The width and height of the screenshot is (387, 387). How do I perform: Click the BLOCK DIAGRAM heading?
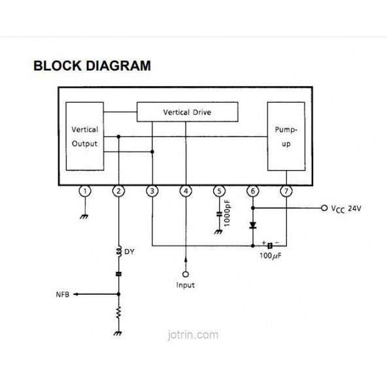click(92, 66)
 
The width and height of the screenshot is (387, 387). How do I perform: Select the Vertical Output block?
click(84, 137)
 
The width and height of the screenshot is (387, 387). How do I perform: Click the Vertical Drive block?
click(186, 112)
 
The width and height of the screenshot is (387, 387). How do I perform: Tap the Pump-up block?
click(286, 136)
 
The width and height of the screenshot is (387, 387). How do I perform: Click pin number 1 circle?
click(84, 191)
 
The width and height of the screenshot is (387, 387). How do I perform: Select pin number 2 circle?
click(118, 191)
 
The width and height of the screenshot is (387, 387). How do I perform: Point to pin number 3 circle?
click(152, 191)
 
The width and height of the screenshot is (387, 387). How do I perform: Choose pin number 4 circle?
click(186, 191)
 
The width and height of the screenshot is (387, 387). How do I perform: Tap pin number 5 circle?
click(220, 191)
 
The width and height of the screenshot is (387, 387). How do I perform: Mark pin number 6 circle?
click(253, 191)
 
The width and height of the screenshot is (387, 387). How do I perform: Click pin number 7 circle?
click(286, 191)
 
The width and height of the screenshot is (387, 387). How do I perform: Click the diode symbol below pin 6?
click(253, 225)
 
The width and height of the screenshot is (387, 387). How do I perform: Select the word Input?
click(186, 285)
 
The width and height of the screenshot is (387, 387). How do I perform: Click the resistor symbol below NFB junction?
click(118, 313)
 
